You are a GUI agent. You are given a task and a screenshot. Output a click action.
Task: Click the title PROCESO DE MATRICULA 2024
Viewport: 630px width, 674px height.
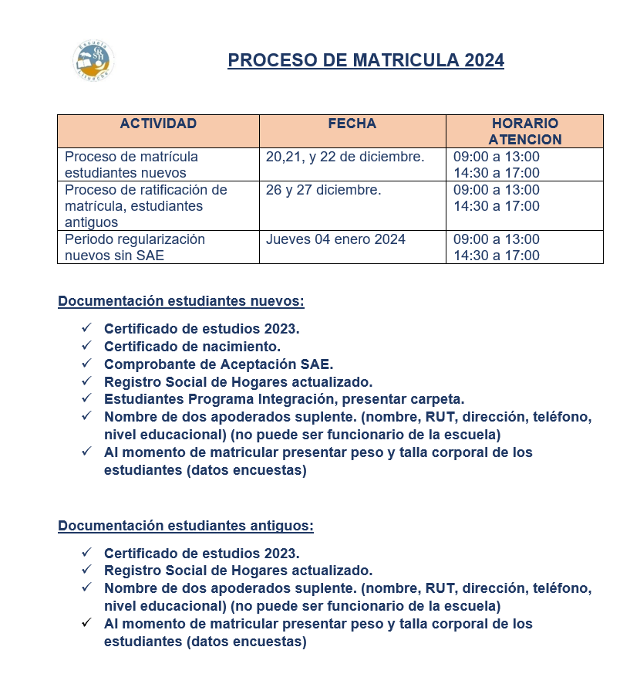pos(366,60)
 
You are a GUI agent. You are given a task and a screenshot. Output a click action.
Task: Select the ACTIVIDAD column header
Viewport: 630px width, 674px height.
pos(158,124)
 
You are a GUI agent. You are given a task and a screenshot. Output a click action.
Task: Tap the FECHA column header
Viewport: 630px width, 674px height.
pos(352,124)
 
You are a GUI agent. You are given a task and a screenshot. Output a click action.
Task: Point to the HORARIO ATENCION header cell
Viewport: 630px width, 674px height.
pos(524,131)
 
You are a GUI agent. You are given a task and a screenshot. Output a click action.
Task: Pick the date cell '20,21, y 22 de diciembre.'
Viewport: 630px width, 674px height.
pos(345,157)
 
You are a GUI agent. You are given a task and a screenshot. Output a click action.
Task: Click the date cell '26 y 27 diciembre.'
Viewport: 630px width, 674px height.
pos(323,190)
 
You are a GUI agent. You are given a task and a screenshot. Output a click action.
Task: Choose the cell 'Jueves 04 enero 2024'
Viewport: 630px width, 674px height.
pos(335,239)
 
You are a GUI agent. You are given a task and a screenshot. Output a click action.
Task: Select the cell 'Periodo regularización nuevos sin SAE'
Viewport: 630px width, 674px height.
pos(135,247)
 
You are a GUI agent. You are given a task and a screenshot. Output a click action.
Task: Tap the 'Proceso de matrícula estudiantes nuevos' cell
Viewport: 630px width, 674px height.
pos(131,164)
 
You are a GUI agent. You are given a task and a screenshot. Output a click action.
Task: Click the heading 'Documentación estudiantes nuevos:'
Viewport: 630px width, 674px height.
pos(181,301)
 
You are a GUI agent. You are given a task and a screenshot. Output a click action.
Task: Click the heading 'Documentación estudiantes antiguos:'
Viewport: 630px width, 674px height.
pos(186,526)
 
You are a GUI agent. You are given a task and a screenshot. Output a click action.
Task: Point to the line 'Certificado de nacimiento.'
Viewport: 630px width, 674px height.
pos(192,346)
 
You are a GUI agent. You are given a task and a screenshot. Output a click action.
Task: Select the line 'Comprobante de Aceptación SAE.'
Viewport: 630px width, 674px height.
pos(218,364)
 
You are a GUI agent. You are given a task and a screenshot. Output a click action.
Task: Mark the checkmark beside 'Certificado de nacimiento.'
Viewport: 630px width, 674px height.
pos(86,345)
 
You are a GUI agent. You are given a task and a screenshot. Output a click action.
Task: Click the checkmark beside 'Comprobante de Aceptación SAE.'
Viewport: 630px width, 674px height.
pos(86,363)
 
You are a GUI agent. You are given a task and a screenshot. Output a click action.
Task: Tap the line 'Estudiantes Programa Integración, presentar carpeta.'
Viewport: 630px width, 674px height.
pos(284,399)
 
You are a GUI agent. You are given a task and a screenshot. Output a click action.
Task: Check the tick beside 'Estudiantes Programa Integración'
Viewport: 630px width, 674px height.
pos(86,398)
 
